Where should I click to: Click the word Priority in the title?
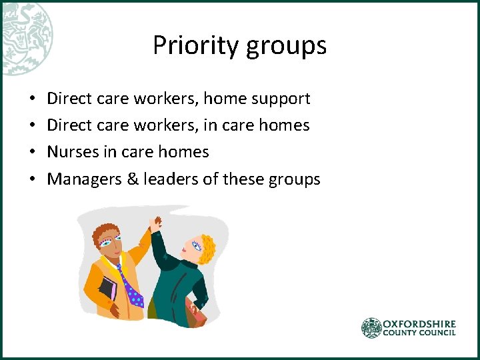pyautogui.click(x=193, y=45)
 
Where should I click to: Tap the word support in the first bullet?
pyautogui.click(x=284, y=99)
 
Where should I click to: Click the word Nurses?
pyautogui.click(x=73, y=152)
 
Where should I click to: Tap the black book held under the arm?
pyautogui.click(x=108, y=290)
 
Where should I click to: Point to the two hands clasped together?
pyautogui.click(x=157, y=225)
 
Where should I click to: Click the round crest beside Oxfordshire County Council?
pyautogui.click(x=371, y=327)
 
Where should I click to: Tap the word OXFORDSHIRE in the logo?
pyautogui.click(x=419, y=323)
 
